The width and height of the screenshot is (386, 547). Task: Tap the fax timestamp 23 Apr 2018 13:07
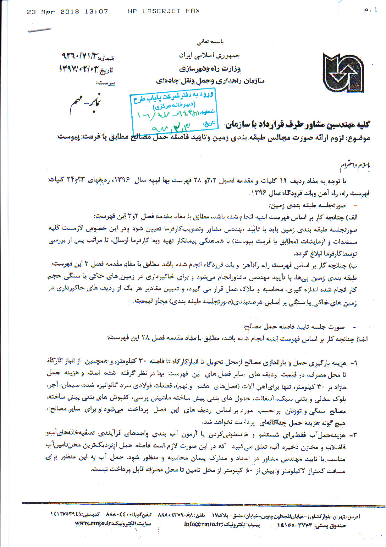click(x=67, y=12)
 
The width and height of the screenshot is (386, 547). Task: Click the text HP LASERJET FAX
click(x=163, y=11)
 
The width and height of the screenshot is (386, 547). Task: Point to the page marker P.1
click(x=371, y=10)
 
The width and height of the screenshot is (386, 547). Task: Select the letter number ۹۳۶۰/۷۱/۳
click(x=80, y=56)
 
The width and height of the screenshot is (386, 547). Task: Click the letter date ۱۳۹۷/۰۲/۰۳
click(x=79, y=69)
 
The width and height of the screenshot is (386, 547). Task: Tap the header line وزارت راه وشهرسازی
click(x=210, y=68)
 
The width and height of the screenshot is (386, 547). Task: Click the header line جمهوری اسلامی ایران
click(x=210, y=56)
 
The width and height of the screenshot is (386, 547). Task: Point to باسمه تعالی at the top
click(x=210, y=41)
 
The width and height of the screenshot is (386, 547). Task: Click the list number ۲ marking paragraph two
click(x=354, y=435)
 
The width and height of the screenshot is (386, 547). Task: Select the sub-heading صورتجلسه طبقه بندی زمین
click(x=307, y=206)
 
